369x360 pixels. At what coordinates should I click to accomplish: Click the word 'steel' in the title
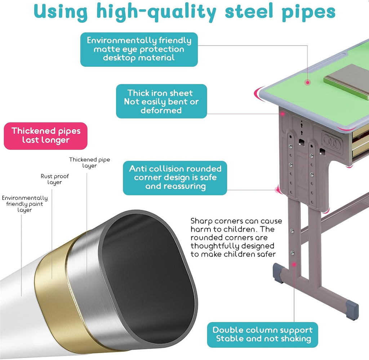[x=249, y=12]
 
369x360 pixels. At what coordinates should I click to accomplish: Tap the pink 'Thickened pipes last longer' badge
[x=46, y=136]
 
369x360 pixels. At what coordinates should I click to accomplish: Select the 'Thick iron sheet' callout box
[x=161, y=101]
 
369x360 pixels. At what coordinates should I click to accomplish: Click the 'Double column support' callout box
[x=262, y=334]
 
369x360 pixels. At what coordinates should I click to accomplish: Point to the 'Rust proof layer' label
[x=55, y=179]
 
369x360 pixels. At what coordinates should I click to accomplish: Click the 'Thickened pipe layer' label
[x=89, y=163]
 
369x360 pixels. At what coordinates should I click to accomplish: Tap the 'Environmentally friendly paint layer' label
[x=25, y=204]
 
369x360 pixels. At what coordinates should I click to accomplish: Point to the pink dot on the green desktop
[x=308, y=83]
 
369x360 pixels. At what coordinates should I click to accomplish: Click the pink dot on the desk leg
[x=294, y=265]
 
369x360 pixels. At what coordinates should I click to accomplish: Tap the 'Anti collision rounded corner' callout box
[x=175, y=178]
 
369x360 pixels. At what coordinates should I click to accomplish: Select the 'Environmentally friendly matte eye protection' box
[x=139, y=49]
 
